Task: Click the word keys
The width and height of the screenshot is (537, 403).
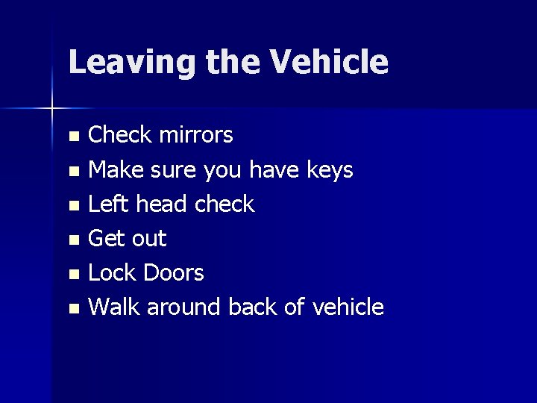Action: [x=329, y=170]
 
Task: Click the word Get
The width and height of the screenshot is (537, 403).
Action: [x=106, y=239]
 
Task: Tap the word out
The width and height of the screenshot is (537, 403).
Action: [x=148, y=239]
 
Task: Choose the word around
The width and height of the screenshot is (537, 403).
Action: [x=185, y=306]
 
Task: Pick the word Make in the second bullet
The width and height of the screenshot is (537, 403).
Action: [x=116, y=170]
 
